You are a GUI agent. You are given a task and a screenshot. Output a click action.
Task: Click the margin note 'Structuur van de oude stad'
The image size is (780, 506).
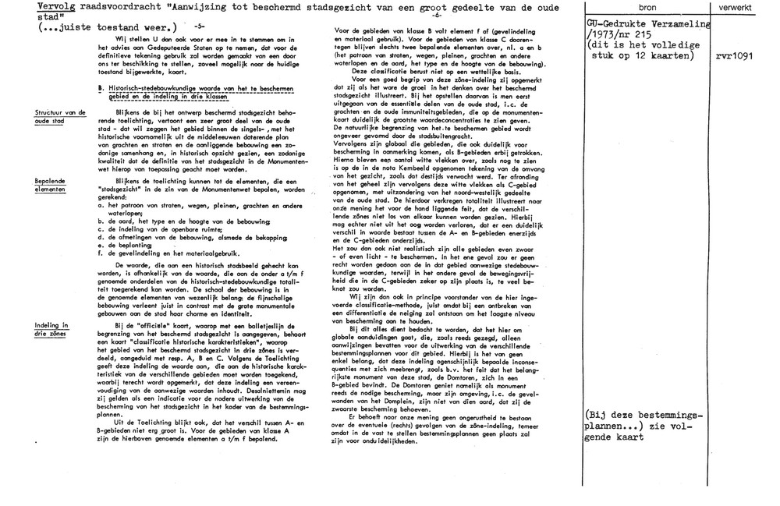[60, 117]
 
